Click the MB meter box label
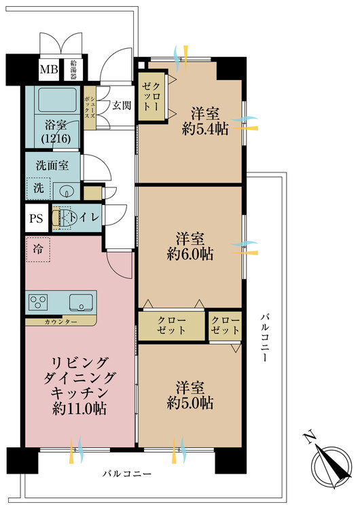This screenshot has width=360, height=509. pyautogui.click(x=49, y=69)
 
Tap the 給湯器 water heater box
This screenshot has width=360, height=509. pyautogui.click(x=73, y=70)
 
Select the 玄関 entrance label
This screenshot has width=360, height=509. pyautogui.click(x=122, y=105)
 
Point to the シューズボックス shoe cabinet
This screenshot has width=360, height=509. pyautogui.click(x=90, y=107)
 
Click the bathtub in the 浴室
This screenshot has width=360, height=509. pyautogui.click(x=57, y=100)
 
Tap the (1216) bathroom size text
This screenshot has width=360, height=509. pyautogui.click(x=56, y=138)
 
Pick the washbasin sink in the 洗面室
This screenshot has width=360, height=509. pyautogui.click(x=67, y=191)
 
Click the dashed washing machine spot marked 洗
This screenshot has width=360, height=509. pyautogui.click(x=38, y=189)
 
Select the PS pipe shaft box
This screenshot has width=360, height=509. pyautogui.click(x=37, y=218)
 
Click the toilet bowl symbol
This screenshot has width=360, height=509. pyautogui.click(x=64, y=217)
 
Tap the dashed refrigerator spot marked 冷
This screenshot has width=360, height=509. pyautogui.click(x=38, y=249)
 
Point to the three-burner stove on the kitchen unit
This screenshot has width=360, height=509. pyautogui.click(x=38, y=302)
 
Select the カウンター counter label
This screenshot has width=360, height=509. pyautogui.click(x=60, y=322)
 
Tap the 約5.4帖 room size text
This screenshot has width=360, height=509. pyautogui.click(x=205, y=129)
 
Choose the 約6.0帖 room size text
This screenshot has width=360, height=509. pyautogui.click(x=190, y=254)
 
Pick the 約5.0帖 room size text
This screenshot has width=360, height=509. pyautogui.click(x=190, y=403)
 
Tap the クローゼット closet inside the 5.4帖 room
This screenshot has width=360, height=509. pyautogui.click(x=151, y=96)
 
